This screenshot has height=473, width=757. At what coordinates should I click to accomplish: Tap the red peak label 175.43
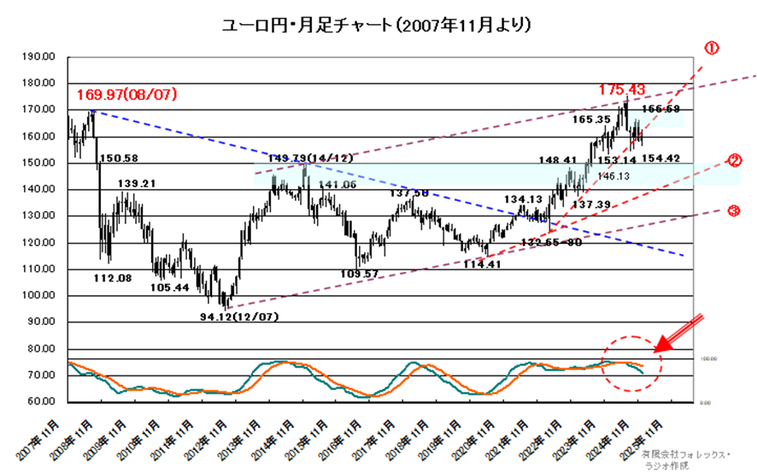pos(621,89)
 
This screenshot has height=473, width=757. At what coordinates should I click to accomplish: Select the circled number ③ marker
pos(731,210)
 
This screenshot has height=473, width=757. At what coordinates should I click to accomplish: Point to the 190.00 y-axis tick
pos(41,56)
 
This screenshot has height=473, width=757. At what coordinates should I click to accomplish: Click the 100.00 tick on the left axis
pos(41,296)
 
